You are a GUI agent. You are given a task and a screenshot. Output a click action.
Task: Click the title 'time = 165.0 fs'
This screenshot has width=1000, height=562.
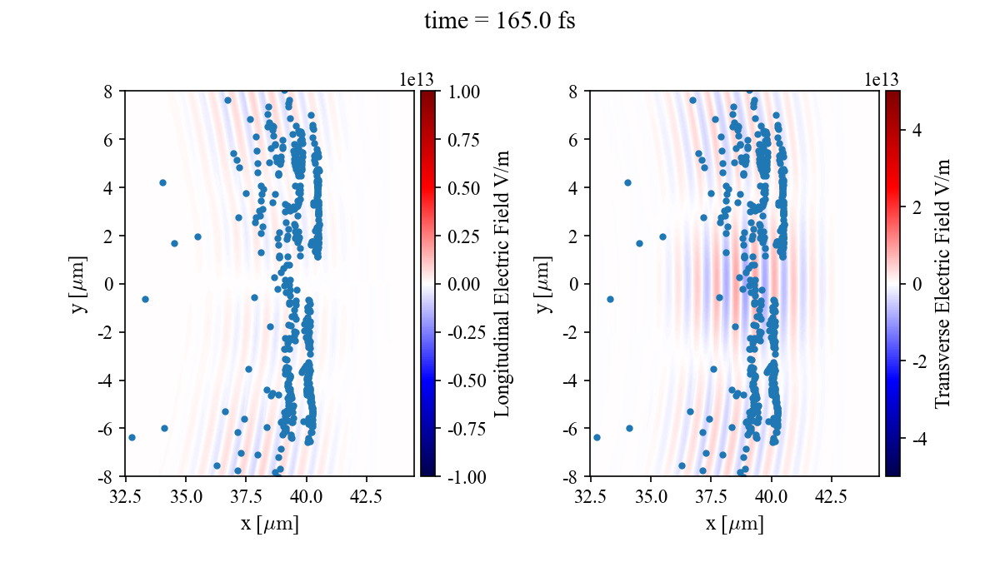point(499,22)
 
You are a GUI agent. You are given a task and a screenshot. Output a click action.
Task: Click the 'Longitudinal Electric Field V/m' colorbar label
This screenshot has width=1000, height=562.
point(502,284)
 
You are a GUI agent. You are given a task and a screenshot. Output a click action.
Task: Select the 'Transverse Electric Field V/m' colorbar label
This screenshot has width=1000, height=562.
point(942,284)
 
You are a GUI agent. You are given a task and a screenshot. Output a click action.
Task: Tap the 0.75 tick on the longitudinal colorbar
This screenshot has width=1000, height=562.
point(464,139)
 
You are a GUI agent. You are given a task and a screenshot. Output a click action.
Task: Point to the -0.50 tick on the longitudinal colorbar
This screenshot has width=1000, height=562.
point(464,380)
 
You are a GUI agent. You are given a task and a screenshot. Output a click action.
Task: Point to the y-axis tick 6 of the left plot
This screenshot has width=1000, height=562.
point(109,139)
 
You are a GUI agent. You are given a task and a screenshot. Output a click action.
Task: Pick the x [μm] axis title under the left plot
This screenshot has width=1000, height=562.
point(269,525)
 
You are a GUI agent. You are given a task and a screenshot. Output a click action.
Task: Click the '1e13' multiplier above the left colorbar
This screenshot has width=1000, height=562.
point(416,79)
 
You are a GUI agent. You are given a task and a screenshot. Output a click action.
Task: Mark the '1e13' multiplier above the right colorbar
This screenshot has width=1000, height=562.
point(881,79)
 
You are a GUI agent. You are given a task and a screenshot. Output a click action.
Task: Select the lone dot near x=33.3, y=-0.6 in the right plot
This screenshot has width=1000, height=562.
point(610,299)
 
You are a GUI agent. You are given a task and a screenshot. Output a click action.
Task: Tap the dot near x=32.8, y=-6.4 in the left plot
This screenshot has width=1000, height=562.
point(132,437)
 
